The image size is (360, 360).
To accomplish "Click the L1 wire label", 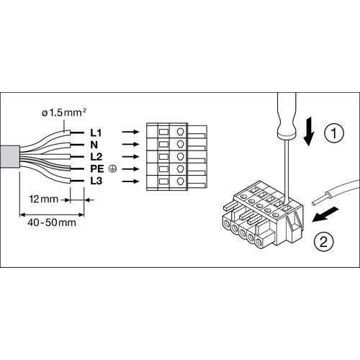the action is coord(96,132).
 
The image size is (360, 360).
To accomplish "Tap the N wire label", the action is coord(94,145).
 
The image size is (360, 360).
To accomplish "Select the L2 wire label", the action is coord(96,157).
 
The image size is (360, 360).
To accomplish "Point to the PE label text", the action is coord(97,169).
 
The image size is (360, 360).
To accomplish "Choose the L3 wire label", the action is coord(96,181).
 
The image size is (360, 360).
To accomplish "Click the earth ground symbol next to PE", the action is coord(112,169).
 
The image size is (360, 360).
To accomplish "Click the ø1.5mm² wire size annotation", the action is coord(64,112).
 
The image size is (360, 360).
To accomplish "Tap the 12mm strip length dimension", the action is coord(43,199).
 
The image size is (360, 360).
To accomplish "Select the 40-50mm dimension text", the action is coord(52,222).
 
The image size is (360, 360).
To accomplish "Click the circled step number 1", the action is coord(334,133).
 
